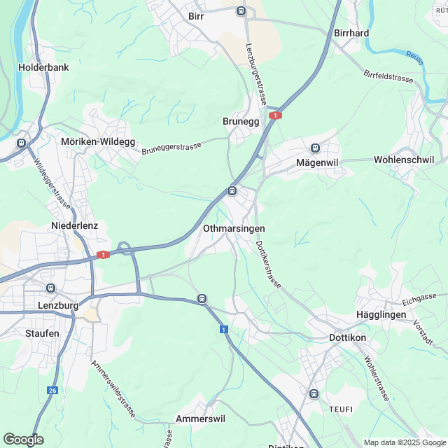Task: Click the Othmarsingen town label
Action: coord(233,229)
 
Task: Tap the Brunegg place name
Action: coord(241,121)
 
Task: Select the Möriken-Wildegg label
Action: coord(98,141)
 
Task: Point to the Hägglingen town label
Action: coord(381,316)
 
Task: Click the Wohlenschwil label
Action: coord(406,159)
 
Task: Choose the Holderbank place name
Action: coord(42,69)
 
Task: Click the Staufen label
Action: coord(42,333)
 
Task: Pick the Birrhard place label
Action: coord(351,33)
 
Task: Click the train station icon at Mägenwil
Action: coord(315,148)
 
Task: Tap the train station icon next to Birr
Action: coord(241,10)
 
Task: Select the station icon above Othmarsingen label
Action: coord(232,190)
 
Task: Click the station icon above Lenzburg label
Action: coord(50,288)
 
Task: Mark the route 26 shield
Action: coord(52,390)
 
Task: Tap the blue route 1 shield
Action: coord(223,329)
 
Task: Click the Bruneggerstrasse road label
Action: coord(171,148)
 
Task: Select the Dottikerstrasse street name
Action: coord(268,265)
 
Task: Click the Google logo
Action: coord(23,440)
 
